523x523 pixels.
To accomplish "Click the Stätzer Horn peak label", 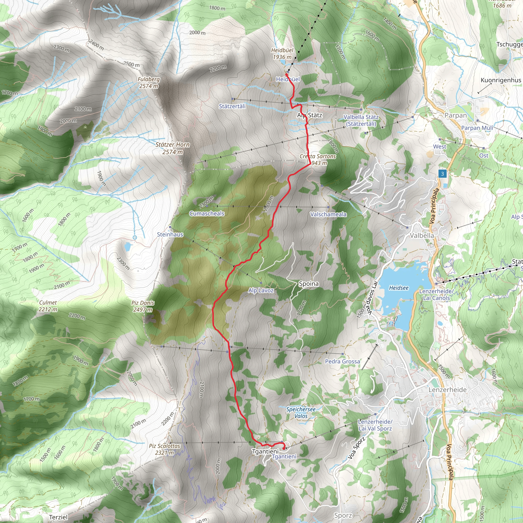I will click(x=172, y=148).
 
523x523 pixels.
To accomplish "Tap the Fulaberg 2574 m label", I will click(x=149, y=82).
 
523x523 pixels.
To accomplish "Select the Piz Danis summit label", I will click(x=143, y=306).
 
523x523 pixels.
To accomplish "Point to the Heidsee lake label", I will click(x=398, y=288).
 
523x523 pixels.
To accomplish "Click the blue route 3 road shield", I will click(x=442, y=174).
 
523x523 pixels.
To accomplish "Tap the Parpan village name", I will click(x=456, y=115).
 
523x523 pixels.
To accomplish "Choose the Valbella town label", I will click(x=422, y=235).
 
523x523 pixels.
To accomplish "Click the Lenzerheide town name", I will click(x=447, y=389).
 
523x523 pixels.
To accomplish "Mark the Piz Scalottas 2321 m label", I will click(x=164, y=449).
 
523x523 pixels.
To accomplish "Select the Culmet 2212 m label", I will click(x=48, y=306).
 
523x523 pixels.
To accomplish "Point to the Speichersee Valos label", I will click(x=301, y=413).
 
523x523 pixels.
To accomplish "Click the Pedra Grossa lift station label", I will click(x=342, y=361).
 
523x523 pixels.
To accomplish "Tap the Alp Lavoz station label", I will click(x=261, y=290).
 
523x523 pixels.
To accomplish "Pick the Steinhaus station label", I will click(x=170, y=234).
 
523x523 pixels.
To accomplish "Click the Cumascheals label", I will click(x=207, y=213).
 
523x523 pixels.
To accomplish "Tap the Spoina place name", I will click(x=308, y=284).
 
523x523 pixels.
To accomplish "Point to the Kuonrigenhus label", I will click(x=501, y=80).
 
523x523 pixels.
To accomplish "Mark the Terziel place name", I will click(x=58, y=517).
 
